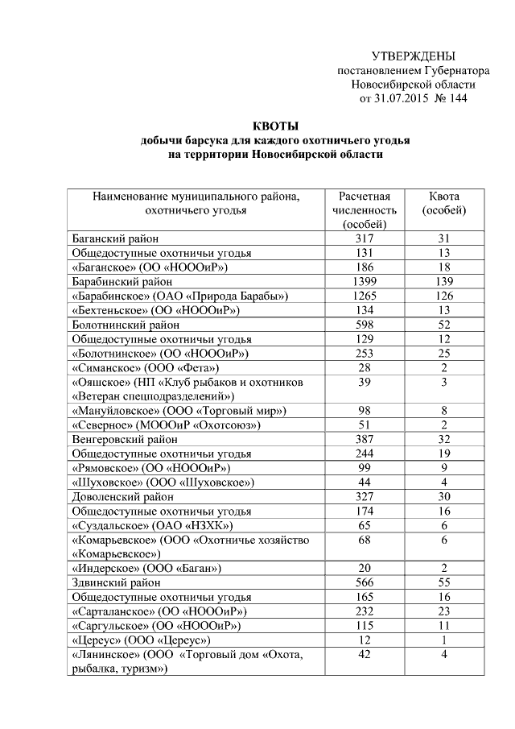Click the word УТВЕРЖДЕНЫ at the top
point(413,56)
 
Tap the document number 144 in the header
point(455,99)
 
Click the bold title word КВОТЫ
point(275,126)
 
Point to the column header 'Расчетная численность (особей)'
point(365,210)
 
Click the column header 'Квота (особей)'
point(444,203)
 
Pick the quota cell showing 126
point(444,296)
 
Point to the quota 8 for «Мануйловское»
point(444,411)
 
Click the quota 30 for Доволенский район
point(444,497)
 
